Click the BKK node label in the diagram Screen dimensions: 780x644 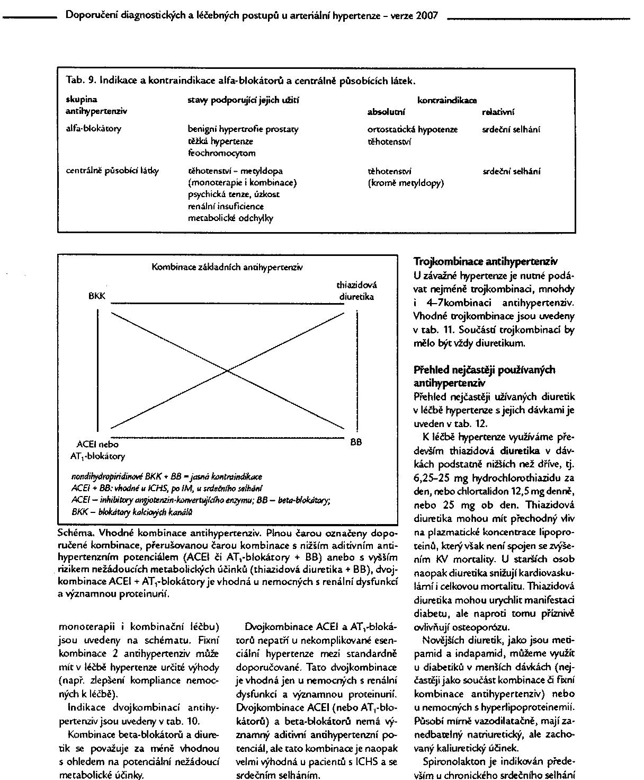97,296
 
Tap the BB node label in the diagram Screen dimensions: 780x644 356,441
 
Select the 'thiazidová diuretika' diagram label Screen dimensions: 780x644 356,291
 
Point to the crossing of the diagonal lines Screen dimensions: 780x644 228,370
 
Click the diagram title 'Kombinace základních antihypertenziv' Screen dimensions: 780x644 228,268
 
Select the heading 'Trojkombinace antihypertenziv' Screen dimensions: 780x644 485,262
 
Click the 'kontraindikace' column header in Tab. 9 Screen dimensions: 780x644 447,100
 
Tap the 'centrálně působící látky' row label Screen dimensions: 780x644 112,171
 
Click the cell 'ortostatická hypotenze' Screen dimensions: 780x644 413,129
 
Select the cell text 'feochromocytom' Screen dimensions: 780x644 222,153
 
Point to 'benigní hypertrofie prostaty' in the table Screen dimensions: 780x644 243,129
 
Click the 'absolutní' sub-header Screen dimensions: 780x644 387,112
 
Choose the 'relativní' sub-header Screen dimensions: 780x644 498,112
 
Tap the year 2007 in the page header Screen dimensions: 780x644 427,16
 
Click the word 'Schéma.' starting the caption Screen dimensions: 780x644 73,532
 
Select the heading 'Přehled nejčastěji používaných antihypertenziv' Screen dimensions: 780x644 484,376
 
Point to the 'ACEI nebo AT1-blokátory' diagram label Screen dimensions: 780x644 98,450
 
